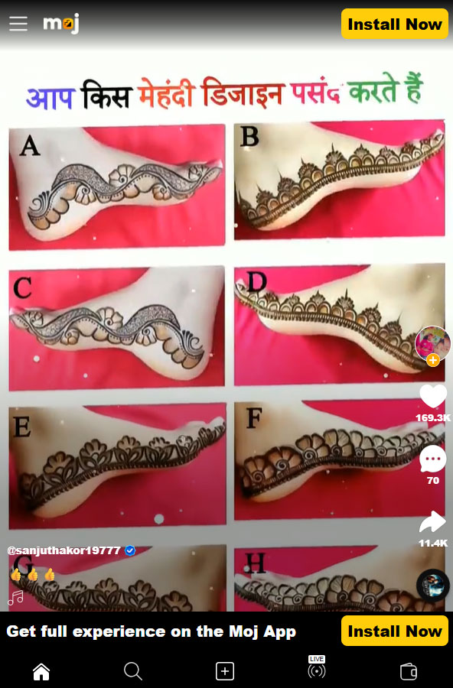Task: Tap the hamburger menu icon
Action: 18,24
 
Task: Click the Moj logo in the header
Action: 61,23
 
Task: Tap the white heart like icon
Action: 433,396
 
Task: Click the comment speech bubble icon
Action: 433,459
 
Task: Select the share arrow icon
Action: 433,522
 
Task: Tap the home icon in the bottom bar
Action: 41,671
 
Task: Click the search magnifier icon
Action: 132,671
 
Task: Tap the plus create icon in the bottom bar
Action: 224,671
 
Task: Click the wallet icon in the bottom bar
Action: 408,671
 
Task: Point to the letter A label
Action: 30,146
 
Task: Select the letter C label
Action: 22,288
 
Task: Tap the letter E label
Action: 22,427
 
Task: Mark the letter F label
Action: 254,418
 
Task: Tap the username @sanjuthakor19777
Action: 64,550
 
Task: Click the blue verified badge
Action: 130,550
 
